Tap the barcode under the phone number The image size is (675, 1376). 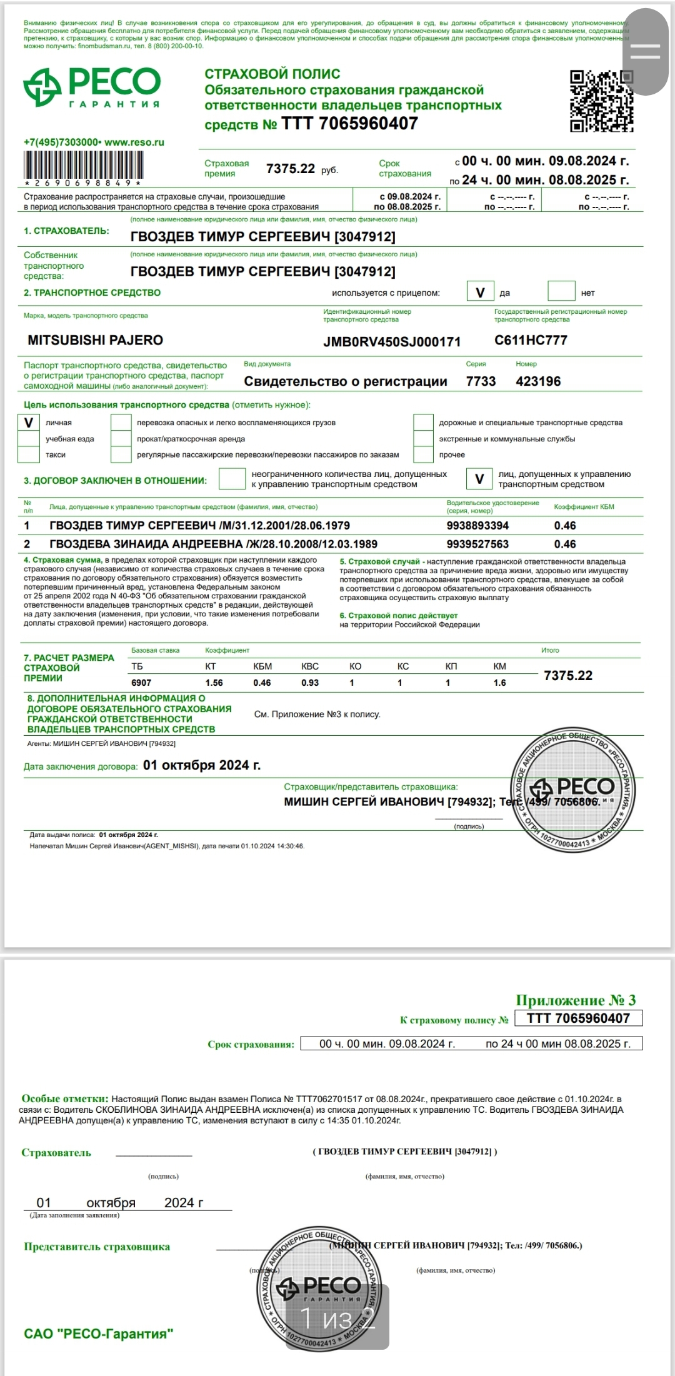point(84,166)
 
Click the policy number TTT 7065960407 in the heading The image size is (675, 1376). point(349,124)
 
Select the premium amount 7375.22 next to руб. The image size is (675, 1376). point(291,169)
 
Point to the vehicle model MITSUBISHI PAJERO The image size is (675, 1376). point(95,340)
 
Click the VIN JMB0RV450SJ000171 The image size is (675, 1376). point(392,342)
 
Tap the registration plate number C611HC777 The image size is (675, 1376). point(531,340)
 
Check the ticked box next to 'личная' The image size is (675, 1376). point(29,423)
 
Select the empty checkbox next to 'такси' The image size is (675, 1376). point(29,454)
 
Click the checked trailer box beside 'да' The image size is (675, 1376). point(480,292)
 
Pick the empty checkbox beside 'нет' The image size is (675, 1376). point(561,291)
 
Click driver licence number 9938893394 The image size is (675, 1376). point(477,526)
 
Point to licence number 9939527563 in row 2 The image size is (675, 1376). point(477,544)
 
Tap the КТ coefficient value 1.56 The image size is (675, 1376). point(214,683)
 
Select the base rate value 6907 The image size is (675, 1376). point(141,683)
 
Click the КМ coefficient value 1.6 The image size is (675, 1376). point(499,683)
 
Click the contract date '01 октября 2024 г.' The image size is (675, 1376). point(202,765)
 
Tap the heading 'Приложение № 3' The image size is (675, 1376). point(576,1000)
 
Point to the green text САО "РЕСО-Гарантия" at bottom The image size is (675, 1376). point(98,1334)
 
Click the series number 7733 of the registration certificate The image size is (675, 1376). point(481,381)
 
